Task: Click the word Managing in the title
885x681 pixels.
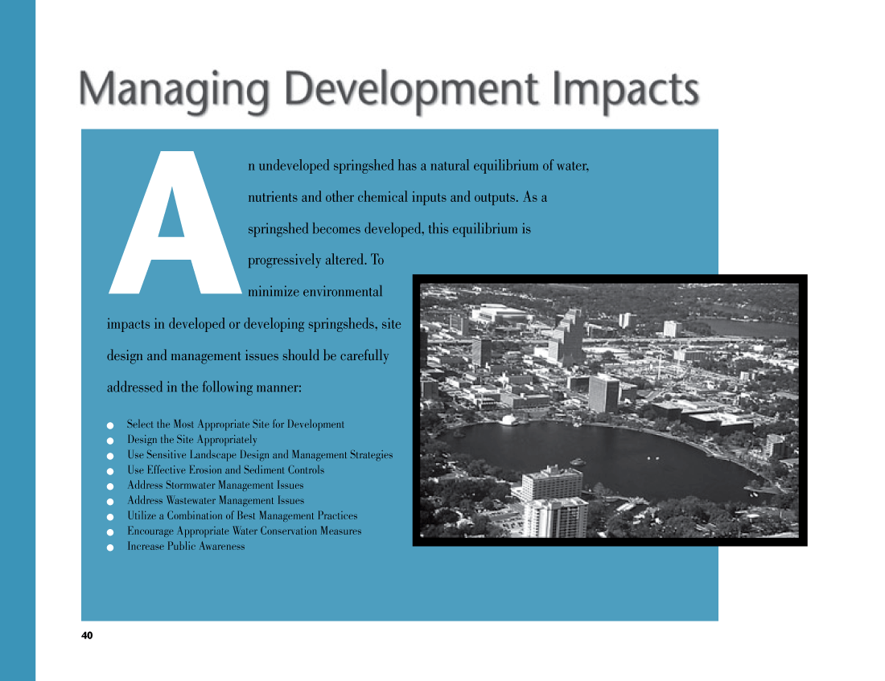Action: click(x=174, y=90)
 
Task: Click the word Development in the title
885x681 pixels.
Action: click(x=411, y=89)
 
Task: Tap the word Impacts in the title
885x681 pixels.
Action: click(x=625, y=90)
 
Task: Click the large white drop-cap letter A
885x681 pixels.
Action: click(x=175, y=222)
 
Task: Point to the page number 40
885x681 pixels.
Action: click(x=87, y=635)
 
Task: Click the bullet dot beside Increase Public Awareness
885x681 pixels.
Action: click(x=110, y=548)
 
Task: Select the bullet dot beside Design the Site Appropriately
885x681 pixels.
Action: click(x=110, y=441)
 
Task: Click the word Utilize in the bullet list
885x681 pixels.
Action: click(x=142, y=515)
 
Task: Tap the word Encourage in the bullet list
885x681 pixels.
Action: click(x=150, y=531)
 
